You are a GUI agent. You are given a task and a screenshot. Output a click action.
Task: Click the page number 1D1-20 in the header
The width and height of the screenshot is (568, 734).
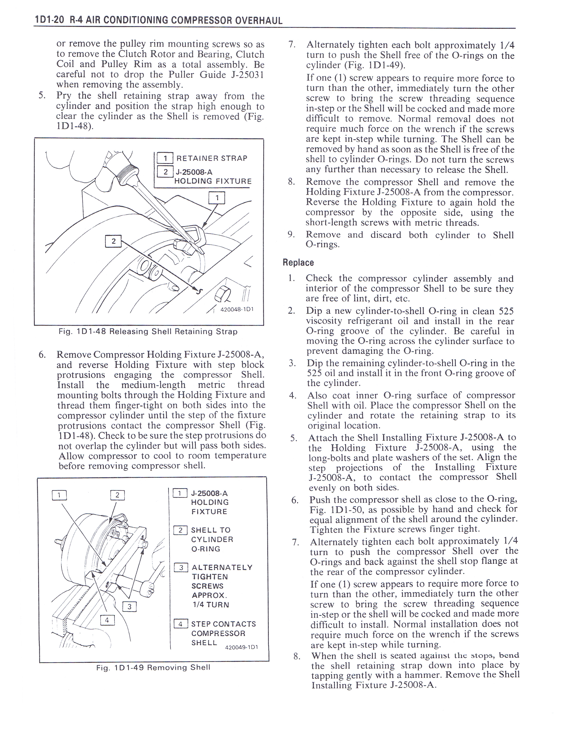click(x=49, y=20)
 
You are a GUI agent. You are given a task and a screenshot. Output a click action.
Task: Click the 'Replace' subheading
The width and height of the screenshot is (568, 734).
click(x=298, y=262)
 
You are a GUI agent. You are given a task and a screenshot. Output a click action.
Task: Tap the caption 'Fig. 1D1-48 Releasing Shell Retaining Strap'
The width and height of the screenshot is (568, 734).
click(x=148, y=332)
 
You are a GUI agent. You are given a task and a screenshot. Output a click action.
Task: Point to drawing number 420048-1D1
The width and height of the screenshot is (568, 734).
click(x=237, y=309)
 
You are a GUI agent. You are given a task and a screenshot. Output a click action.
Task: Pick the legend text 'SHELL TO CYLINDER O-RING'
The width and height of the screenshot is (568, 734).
click(x=212, y=539)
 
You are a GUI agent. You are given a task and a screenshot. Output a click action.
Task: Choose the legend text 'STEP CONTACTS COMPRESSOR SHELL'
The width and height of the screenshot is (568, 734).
click(x=223, y=633)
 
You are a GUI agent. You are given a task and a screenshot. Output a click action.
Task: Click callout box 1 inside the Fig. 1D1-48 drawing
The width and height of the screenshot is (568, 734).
click(x=217, y=198)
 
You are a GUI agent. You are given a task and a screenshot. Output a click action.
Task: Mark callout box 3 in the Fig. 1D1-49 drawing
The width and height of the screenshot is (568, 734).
click(x=129, y=607)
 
